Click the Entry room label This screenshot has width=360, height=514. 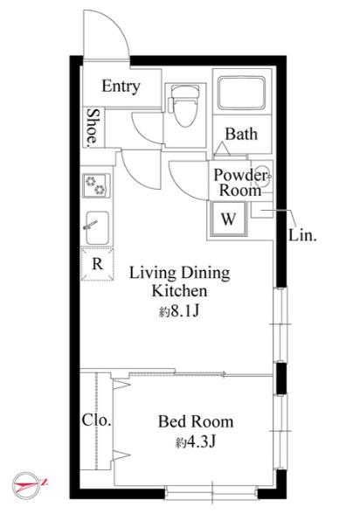[121, 87]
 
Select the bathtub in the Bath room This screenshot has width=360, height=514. [242, 93]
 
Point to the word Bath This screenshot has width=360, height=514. [241, 134]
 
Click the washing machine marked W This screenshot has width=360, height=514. [228, 219]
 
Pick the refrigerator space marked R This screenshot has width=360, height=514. [97, 264]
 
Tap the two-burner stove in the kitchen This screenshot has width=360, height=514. [96, 185]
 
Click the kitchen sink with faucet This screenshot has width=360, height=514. [97, 228]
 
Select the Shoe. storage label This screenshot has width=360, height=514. [93, 128]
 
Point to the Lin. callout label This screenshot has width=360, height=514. [302, 235]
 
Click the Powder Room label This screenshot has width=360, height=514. [241, 183]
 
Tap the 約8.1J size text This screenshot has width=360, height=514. [179, 311]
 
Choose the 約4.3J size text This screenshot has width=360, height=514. [196, 442]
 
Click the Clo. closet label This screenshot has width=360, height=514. [97, 420]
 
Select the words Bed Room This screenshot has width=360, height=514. [196, 421]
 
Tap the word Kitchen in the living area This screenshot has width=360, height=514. [179, 291]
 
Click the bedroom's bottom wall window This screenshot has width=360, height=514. [211, 493]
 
